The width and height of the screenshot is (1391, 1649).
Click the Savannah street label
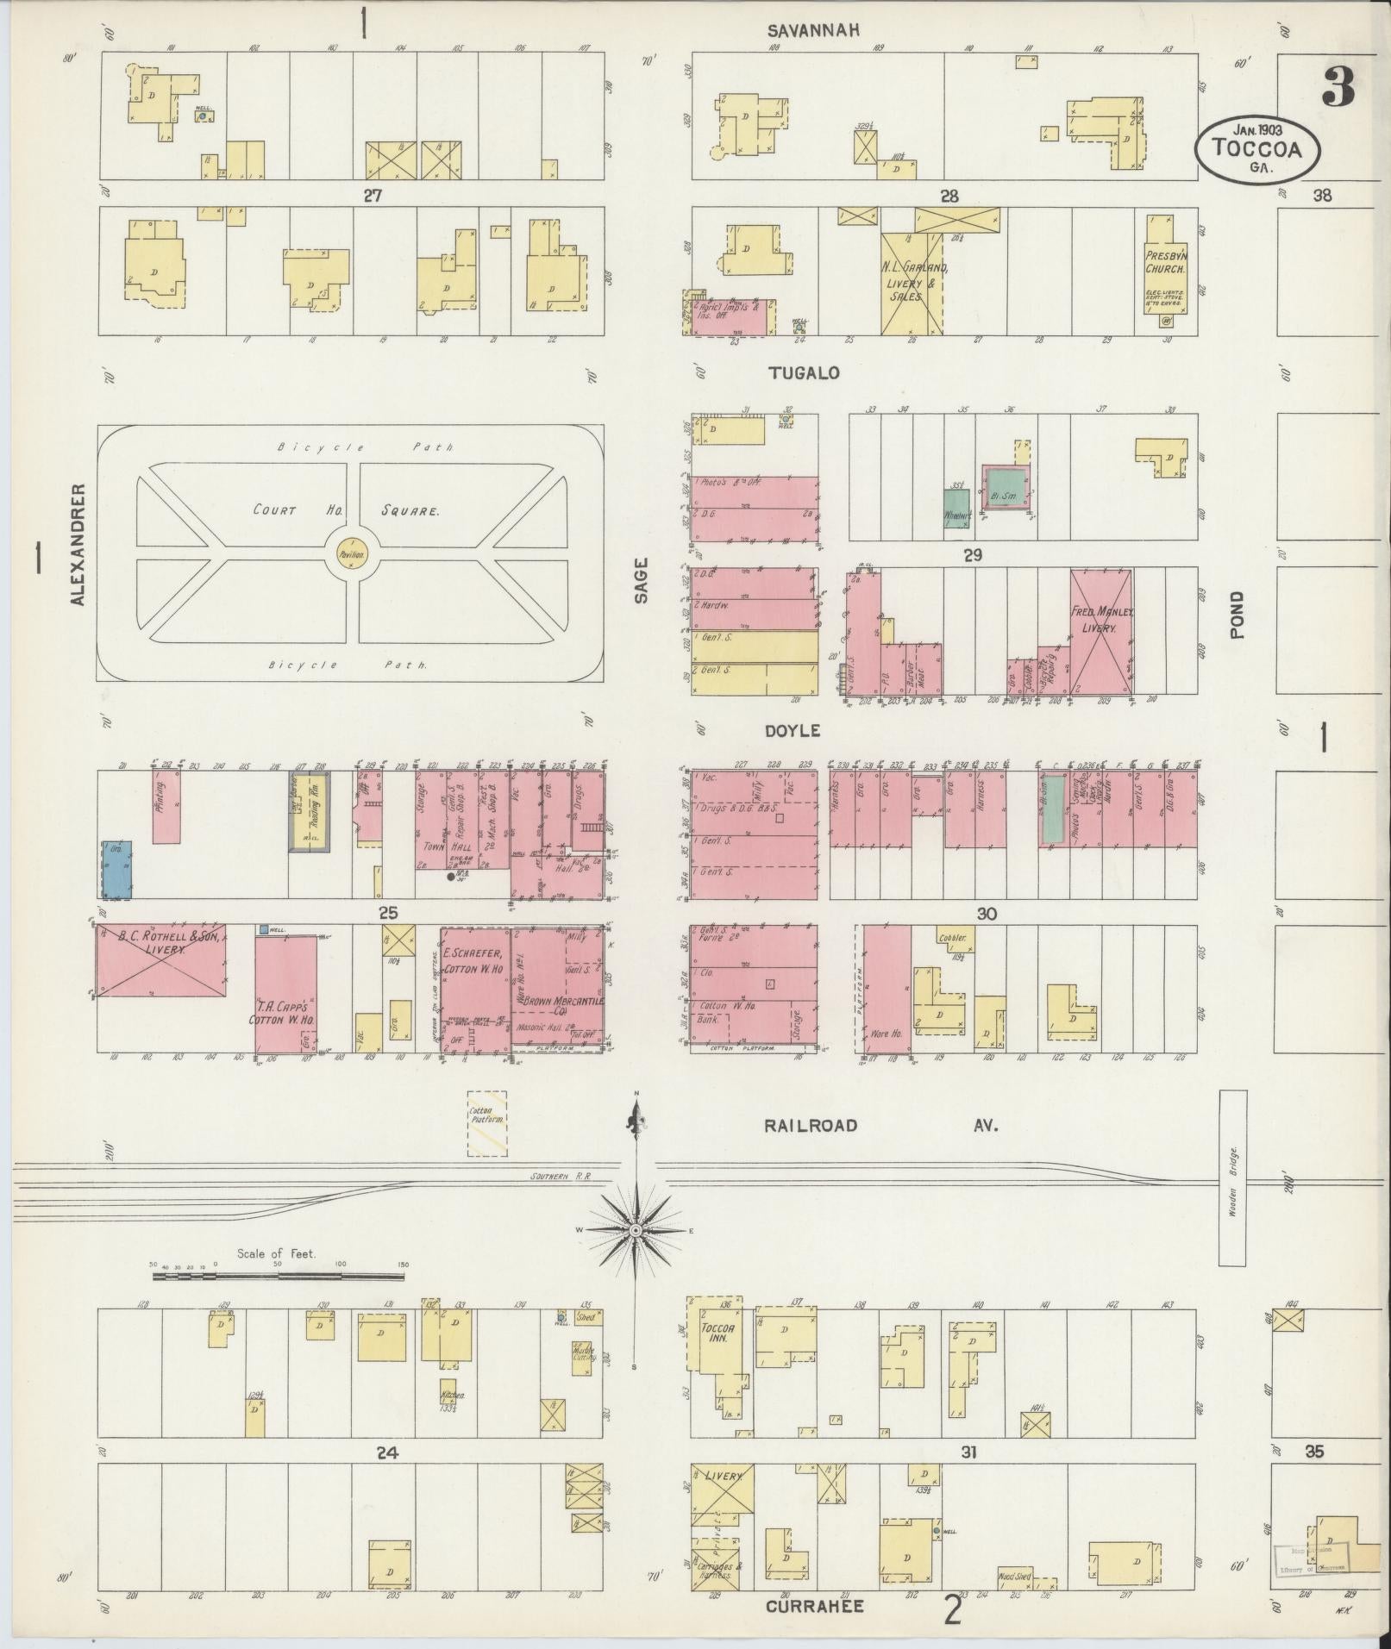click(x=814, y=31)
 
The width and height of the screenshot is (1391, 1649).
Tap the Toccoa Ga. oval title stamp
click(x=1256, y=148)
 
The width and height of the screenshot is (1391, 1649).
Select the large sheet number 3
click(x=1338, y=85)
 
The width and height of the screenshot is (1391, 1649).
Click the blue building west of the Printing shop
click(x=116, y=871)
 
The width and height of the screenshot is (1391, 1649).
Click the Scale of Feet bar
click(x=278, y=1275)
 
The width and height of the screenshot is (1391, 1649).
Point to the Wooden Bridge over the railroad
click(x=1232, y=1177)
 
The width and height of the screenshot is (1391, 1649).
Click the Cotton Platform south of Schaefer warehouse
click(x=487, y=1123)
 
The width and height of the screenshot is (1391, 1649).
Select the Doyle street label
click(x=792, y=731)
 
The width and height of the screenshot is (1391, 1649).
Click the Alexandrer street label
click(x=78, y=545)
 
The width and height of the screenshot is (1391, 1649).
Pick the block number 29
click(x=973, y=556)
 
